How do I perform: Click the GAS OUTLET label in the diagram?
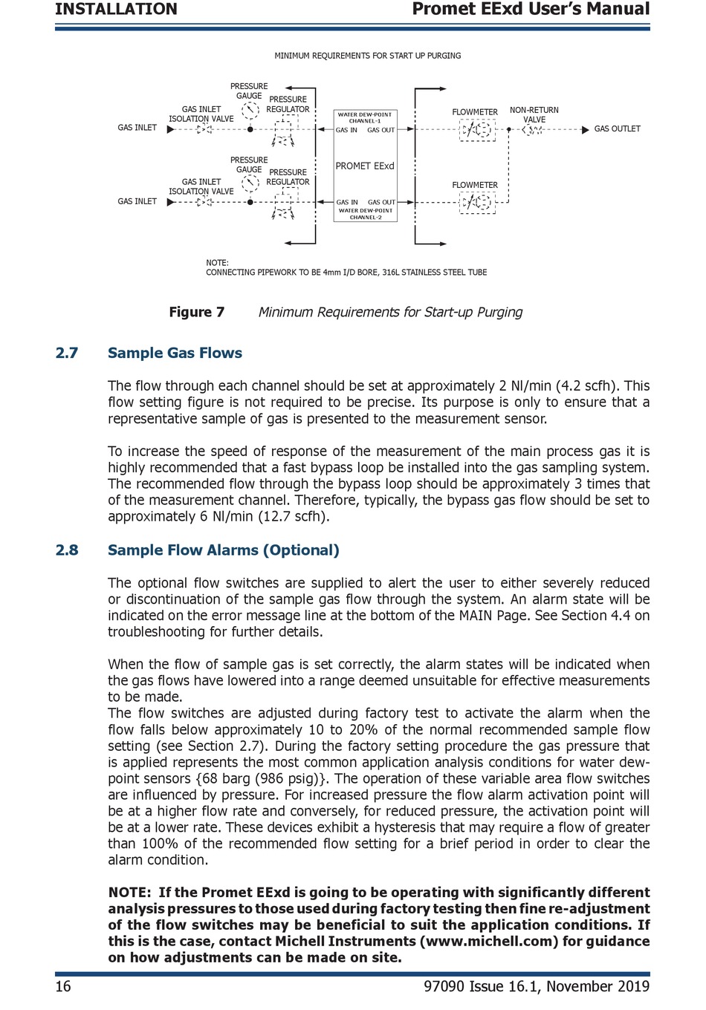(x=617, y=129)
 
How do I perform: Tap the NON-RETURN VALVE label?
(x=534, y=114)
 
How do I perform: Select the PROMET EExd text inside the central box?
(x=364, y=166)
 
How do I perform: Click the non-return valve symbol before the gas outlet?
(x=533, y=130)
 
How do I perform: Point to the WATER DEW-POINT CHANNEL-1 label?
(x=364, y=117)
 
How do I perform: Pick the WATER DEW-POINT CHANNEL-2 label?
(x=364, y=214)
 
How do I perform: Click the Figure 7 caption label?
(x=196, y=313)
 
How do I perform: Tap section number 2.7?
(x=67, y=353)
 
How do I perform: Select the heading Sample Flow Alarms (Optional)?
(x=223, y=550)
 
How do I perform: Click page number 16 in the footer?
(x=63, y=986)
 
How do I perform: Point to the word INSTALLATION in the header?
(x=116, y=10)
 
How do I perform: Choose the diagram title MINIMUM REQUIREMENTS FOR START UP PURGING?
(x=367, y=56)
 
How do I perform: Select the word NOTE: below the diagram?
(x=217, y=263)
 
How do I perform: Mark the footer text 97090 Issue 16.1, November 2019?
(x=536, y=986)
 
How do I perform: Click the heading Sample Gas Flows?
(x=175, y=353)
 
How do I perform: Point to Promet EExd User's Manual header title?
(x=531, y=10)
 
